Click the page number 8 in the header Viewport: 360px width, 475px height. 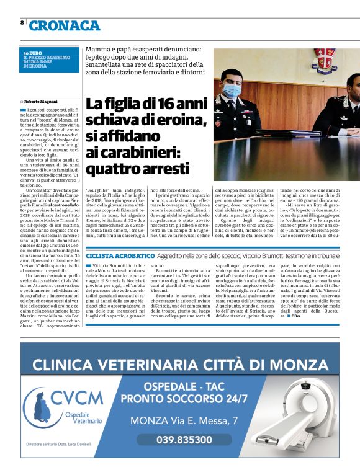click(x=22, y=23)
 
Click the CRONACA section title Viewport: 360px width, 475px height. click(x=65, y=25)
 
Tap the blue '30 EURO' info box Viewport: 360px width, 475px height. click(x=50, y=60)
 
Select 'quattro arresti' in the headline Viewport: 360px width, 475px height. click(x=137, y=169)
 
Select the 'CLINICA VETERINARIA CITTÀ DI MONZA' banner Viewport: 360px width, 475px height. click(x=179, y=363)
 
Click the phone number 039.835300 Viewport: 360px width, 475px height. click(x=184, y=440)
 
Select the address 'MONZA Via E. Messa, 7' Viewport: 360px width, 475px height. click(x=184, y=421)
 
